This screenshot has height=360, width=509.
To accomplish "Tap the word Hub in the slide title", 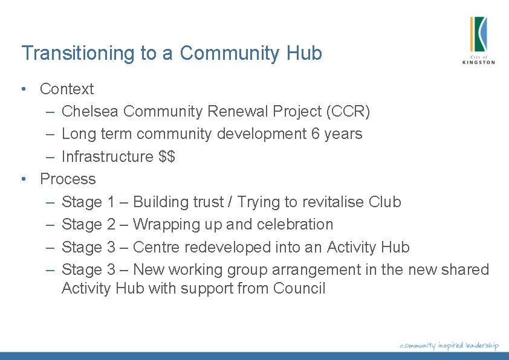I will (x=304, y=53).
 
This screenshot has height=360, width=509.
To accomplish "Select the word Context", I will (x=66, y=89).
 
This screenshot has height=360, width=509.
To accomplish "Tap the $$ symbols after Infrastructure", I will (x=167, y=156).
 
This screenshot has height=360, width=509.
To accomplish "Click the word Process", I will (x=68, y=179).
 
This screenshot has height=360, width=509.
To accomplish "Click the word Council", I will (x=299, y=288).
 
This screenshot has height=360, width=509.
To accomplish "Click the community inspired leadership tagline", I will (x=449, y=345).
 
